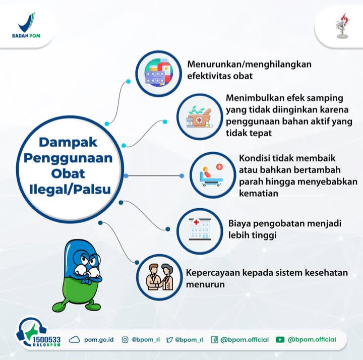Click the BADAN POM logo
(x=26, y=25)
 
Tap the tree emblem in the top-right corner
(x=343, y=26)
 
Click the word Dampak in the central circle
(x=68, y=142)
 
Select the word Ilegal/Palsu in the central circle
(x=70, y=189)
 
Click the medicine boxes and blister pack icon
(x=158, y=73)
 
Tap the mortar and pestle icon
(x=199, y=117)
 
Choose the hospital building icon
(x=200, y=229)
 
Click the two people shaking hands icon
(x=159, y=277)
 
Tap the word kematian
(x=258, y=193)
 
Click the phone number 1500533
(x=46, y=340)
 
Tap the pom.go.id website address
(x=99, y=340)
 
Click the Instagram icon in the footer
(x=125, y=340)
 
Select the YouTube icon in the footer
(x=280, y=340)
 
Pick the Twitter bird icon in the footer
(x=169, y=340)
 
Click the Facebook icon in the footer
(x=214, y=340)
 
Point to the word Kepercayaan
(x=213, y=273)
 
